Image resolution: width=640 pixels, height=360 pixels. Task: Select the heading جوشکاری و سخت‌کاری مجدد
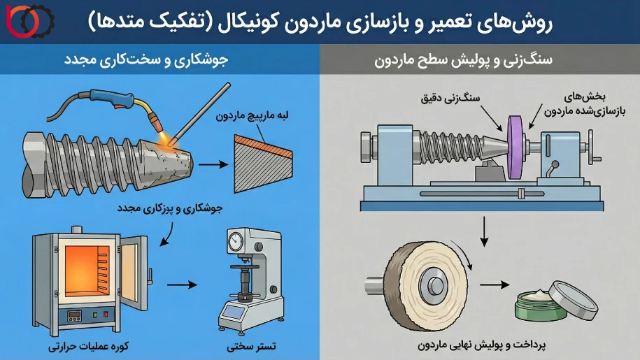(159, 60)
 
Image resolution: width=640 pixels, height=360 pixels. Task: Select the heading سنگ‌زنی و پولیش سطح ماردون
(480, 60)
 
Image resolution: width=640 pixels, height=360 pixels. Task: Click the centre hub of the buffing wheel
(434, 285)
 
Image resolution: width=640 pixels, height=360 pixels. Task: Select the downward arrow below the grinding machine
(482, 230)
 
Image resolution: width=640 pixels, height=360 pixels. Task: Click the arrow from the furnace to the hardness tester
(182, 284)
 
